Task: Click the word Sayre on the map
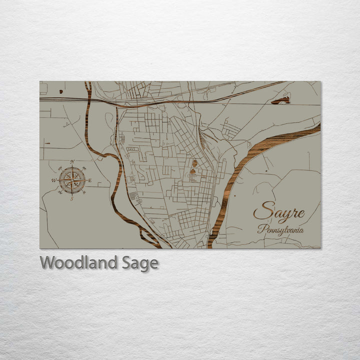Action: coord(278,212)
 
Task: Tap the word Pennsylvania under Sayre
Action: coord(280,229)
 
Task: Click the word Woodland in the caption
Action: coord(78,262)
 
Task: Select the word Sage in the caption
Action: coord(139,263)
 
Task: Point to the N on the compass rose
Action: coord(72,161)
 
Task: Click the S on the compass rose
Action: coord(71,198)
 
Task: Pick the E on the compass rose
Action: coord(90,180)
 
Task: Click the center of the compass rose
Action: coord(72,180)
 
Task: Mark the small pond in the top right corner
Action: coord(281,100)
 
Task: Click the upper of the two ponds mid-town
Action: coord(194,163)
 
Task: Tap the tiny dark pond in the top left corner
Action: coord(61,91)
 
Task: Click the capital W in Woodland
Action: coord(48,262)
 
